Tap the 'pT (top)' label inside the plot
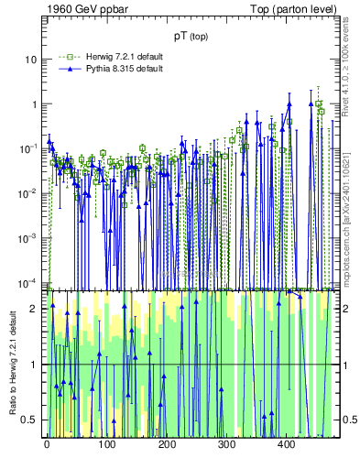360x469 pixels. point(191,36)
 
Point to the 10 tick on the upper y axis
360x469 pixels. point(31,60)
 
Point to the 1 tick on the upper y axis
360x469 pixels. point(34,104)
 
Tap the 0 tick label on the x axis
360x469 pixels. point(47,444)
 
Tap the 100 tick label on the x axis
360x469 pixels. point(106,444)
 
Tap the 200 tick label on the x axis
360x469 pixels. point(166,444)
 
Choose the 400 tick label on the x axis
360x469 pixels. point(285,444)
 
